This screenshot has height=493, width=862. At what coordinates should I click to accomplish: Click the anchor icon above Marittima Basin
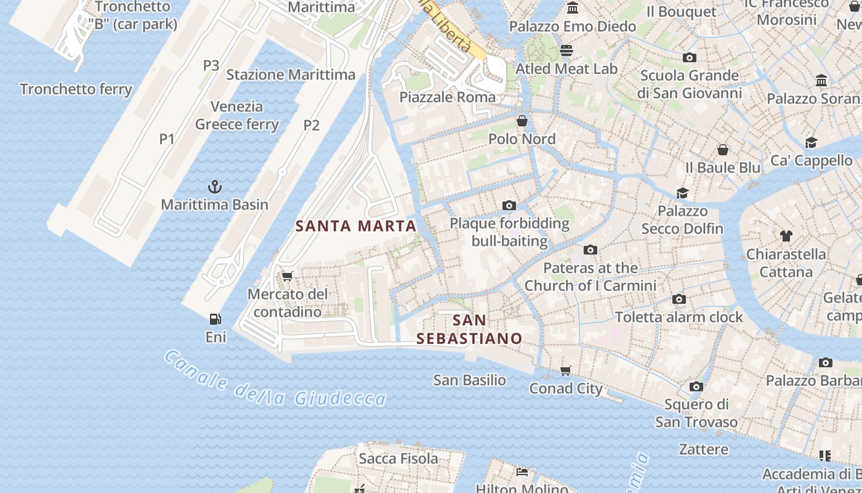pyautogui.click(x=215, y=186)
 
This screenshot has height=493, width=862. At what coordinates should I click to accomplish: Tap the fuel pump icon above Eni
pyautogui.click(x=216, y=319)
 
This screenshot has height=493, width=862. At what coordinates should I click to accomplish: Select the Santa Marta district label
pyautogui.click(x=356, y=226)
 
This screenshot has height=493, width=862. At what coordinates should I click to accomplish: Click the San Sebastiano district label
pyautogui.click(x=469, y=330)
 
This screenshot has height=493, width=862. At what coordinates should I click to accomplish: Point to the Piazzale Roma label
pyautogui.click(x=447, y=97)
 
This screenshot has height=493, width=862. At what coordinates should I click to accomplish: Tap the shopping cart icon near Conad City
pyautogui.click(x=566, y=370)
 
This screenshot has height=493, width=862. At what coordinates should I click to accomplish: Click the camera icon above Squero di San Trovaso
pyautogui.click(x=696, y=386)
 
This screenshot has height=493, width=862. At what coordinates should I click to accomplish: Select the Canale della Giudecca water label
pyautogui.click(x=275, y=381)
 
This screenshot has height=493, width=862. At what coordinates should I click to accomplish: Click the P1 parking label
pyautogui.click(x=167, y=139)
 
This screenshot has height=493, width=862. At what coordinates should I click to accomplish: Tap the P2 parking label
pyautogui.click(x=312, y=126)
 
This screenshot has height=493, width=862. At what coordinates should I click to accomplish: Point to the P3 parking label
pyautogui.click(x=211, y=65)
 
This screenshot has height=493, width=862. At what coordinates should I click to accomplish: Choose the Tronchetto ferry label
pyautogui.click(x=76, y=89)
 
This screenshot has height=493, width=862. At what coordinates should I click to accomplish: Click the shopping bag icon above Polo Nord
pyautogui.click(x=522, y=121)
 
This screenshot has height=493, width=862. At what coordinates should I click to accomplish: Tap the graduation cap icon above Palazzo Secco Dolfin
pyautogui.click(x=682, y=193)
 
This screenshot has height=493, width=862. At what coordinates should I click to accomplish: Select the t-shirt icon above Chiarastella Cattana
pyautogui.click(x=786, y=235)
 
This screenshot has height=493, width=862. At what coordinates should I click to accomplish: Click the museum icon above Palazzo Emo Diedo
pyautogui.click(x=573, y=8)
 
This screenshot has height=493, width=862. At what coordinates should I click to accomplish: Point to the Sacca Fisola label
pyautogui.click(x=398, y=458)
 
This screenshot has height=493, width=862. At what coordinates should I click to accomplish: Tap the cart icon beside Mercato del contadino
pyautogui.click(x=287, y=276)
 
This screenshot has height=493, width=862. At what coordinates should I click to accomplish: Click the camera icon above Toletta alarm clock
pyautogui.click(x=679, y=299)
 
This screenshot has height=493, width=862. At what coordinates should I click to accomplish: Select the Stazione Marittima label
pyautogui.click(x=291, y=75)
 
